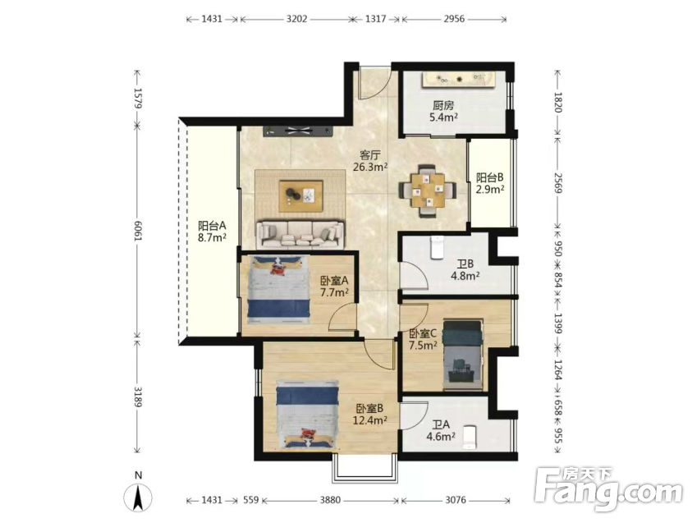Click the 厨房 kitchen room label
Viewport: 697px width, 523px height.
(443, 106)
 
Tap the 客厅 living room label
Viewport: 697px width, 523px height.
(369, 155)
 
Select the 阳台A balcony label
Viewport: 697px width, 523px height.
(212, 226)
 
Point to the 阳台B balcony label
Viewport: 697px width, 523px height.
(490, 177)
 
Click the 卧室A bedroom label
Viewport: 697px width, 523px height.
(334, 281)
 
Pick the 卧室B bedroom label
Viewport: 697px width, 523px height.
(369, 408)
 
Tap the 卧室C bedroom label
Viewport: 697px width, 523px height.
(423, 333)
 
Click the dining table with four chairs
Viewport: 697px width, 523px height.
(428, 190)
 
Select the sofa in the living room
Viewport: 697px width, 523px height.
(301, 234)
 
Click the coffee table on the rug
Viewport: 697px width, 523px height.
(301, 195)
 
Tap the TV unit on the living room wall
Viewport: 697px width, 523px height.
(298, 131)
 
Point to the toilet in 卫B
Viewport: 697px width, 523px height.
(437, 247)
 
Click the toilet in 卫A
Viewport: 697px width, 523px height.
(470, 437)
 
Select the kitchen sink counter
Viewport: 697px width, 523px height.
(458, 80)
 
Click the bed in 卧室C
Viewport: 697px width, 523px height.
(463, 356)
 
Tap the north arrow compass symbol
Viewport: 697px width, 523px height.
(138, 497)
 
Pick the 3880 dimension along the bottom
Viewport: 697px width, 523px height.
(330, 500)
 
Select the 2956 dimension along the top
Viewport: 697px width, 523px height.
(454, 19)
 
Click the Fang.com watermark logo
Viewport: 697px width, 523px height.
(608, 489)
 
